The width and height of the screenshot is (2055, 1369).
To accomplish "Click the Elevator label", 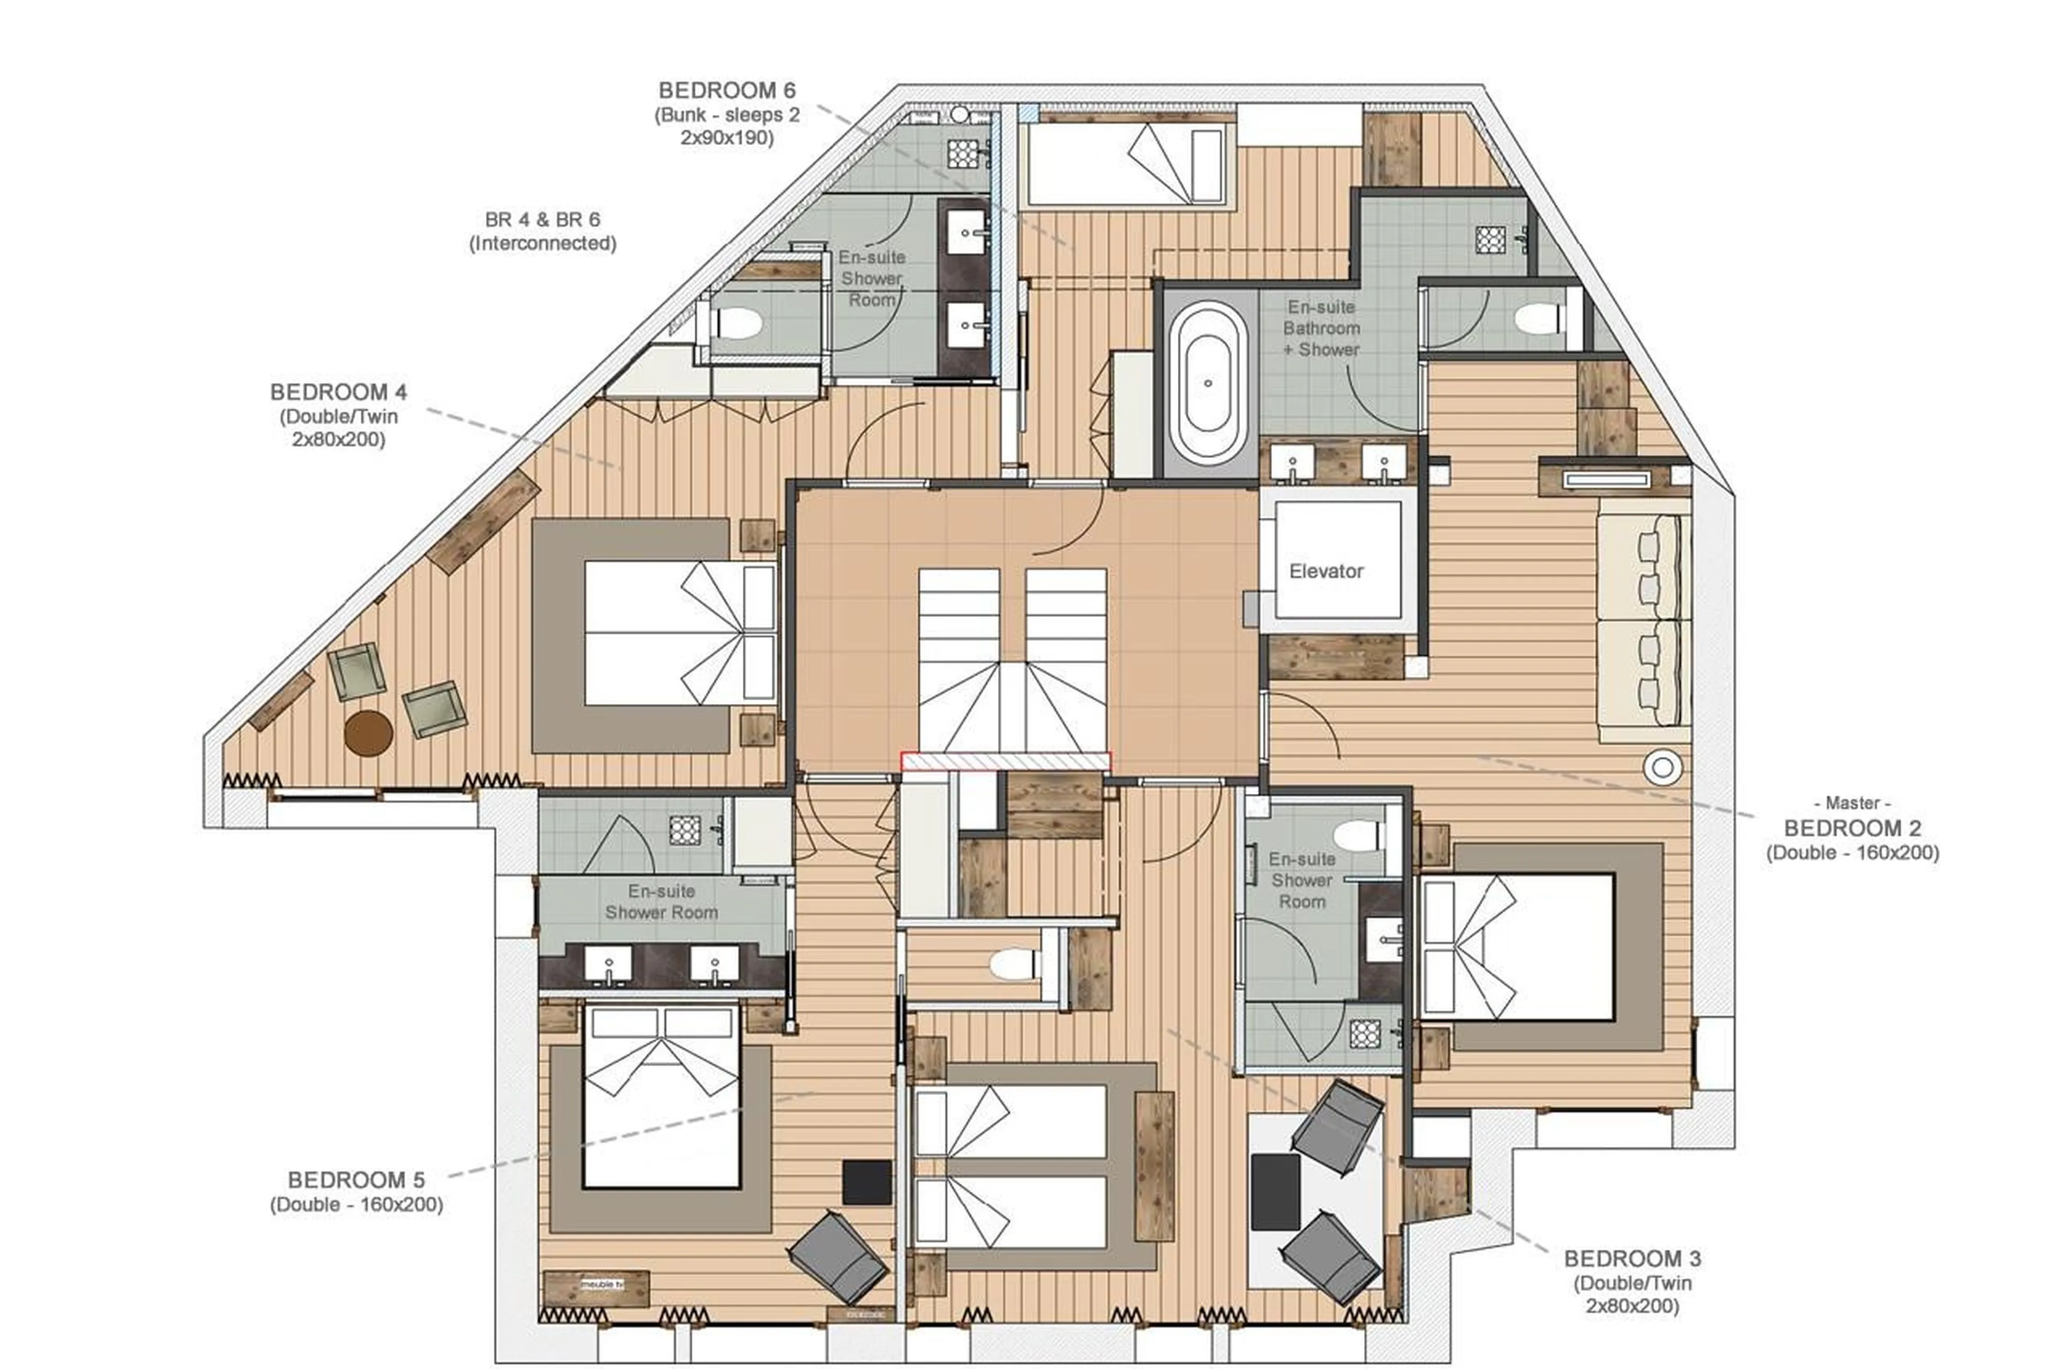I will (1325, 571).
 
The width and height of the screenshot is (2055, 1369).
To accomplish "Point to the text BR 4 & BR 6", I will (542, 219).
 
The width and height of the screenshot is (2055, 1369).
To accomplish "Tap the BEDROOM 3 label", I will (1631, 1258).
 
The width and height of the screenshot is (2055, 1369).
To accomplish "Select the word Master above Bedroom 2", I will (1852, 802).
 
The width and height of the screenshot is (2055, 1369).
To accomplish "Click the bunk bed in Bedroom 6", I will (1127, 165).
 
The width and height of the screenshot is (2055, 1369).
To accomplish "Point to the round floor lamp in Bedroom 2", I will (1662, 768).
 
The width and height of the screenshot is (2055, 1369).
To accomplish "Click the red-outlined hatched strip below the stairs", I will (1005, 762).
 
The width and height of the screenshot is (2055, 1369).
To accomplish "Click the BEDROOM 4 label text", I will (338, 392).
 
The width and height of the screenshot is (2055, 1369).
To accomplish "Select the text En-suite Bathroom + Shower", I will (1321, 328).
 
